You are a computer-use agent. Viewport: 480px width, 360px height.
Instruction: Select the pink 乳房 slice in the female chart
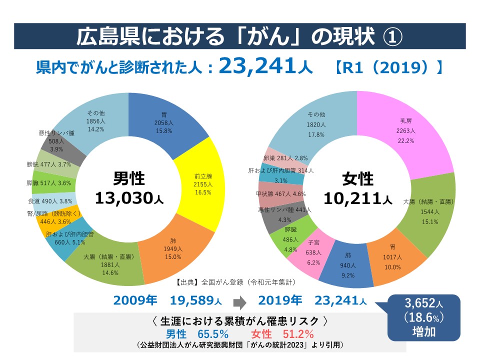[x=407, y=132]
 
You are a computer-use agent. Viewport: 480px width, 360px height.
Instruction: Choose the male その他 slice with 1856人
[x=95, y=120]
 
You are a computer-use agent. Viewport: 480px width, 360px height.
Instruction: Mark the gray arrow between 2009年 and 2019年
[x=240, y=301]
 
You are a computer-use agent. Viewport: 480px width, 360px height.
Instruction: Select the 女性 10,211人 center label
[x=357, y=188]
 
